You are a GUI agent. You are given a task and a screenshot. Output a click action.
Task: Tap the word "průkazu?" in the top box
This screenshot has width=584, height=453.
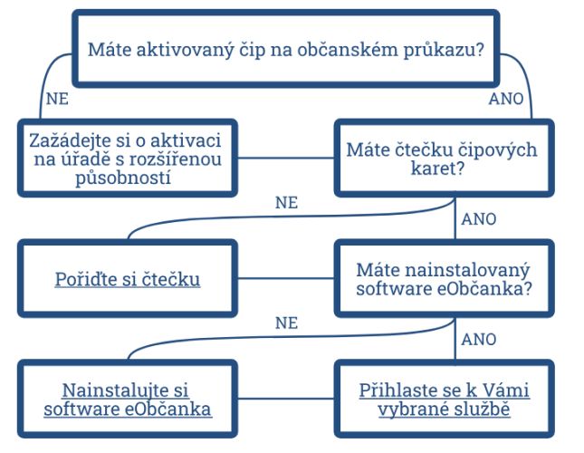(x=444, y=51)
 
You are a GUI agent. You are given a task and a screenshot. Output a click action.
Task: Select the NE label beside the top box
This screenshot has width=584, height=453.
(x=57, y=99)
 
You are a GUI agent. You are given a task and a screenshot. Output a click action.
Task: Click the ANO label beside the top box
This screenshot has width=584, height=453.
(x=506, y=99)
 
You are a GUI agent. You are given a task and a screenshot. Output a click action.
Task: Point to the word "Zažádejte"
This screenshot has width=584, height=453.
(x=70, y=141)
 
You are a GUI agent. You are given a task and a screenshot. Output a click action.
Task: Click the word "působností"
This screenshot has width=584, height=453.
(x=123, y=178)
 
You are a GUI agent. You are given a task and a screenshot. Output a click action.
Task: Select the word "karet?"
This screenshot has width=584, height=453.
(x=438, y=169)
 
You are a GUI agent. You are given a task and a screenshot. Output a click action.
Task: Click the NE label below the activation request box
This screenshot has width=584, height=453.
(x=286, y=203)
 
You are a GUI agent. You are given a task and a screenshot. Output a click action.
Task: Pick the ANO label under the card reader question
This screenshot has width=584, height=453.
(x=479, y=219)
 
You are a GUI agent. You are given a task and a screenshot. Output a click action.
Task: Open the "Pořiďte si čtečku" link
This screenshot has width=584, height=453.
(x=128, y=279)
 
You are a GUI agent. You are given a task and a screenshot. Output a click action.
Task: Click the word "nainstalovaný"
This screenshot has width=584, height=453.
(x=467, y=271)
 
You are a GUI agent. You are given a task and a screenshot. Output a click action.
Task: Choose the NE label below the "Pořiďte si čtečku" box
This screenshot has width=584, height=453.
(x=286, y=323)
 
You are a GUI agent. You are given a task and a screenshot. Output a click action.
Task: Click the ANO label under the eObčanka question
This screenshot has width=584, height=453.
(x=479, y=340)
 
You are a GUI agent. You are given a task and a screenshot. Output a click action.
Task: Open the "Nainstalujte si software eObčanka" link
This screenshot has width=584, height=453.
(x=128, y=400)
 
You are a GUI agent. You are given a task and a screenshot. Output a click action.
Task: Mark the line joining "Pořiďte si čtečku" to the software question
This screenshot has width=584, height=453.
(x=286, y=278)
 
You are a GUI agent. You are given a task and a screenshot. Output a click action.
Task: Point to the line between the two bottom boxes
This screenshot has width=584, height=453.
(x=286, y=399)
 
